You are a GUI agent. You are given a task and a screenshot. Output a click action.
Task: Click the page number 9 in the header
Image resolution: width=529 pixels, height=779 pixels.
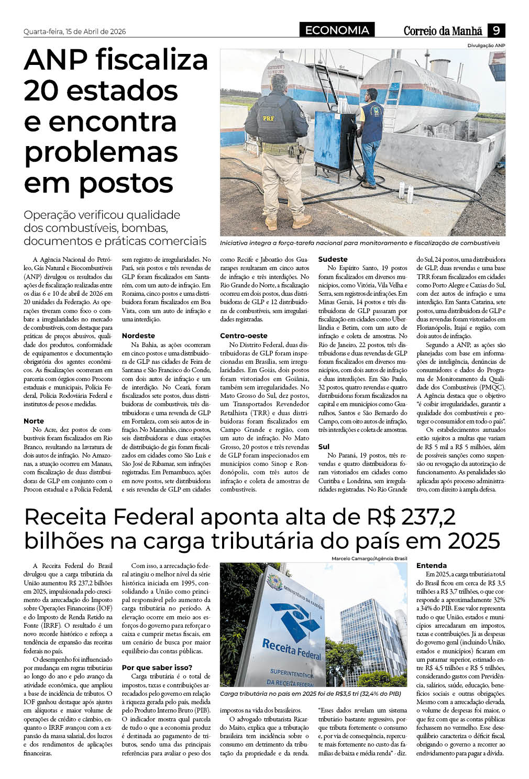tap(496, 31)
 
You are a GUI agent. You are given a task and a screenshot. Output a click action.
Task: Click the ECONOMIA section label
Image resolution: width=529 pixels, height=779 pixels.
tap(337, 30)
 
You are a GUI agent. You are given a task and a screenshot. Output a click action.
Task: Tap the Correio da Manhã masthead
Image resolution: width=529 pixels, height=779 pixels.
tap(443, 31)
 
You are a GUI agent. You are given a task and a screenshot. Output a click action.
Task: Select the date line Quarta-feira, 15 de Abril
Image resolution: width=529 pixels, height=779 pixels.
tap(74, 32)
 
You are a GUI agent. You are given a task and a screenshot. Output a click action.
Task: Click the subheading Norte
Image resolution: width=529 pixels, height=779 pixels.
tap(34, 421)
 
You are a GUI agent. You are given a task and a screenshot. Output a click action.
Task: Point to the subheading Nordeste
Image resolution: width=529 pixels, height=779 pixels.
tap(138, 336)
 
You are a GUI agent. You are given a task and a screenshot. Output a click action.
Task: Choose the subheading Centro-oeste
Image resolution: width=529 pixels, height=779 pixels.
tap(244, 336)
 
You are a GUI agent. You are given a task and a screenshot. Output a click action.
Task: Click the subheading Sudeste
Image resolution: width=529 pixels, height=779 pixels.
tap(333, 259)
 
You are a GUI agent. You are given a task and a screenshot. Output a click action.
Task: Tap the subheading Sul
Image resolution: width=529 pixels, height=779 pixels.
tap(324, 447)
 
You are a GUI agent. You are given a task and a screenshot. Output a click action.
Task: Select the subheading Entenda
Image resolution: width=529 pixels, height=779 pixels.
tap(431, 565)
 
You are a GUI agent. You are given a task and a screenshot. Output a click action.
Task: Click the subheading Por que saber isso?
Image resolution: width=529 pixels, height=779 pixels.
tap(157, 667)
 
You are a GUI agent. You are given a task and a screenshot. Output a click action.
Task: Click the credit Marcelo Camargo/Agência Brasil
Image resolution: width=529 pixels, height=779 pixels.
tap(369, 559)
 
